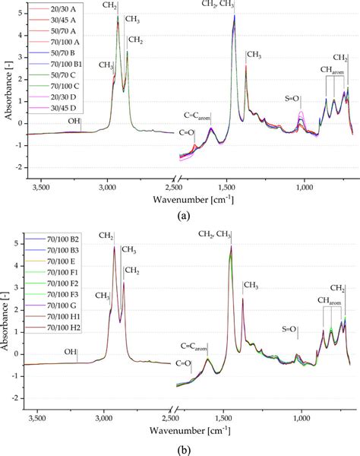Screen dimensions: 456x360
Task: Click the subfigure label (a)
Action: coord(183,216)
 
